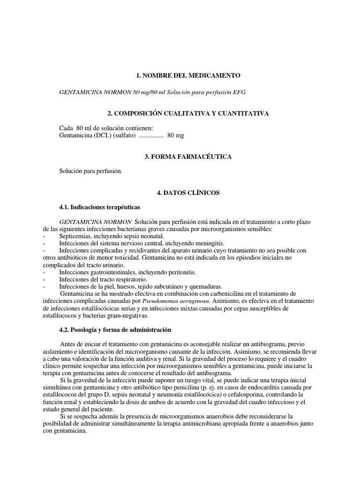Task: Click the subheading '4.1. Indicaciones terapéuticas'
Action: [99, 206]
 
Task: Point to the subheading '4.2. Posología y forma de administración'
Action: [115, 330]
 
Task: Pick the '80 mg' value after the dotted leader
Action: [176, 136]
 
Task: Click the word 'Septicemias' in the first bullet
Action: [75, 236]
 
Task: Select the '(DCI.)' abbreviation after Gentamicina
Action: [100, 136]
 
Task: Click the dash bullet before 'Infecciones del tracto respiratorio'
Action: [43, 279]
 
